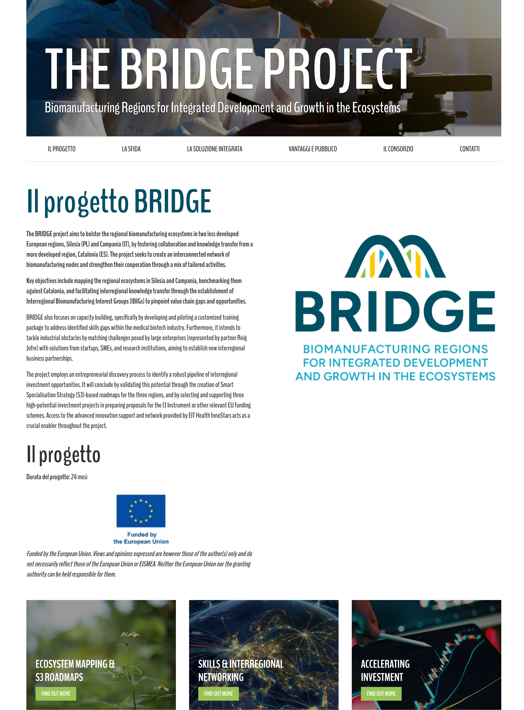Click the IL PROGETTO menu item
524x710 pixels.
click(x=62, y=149)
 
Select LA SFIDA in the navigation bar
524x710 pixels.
click(x=131, y=149)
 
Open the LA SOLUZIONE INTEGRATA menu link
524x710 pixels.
click(x=214, y=149)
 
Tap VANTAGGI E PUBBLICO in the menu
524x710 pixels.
click(x=312, y=149)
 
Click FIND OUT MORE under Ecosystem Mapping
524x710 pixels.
click(x=56, y=694)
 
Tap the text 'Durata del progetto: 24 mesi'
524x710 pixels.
click(x=57, y=477)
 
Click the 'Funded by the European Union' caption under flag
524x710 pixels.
click(x=141, y=538)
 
